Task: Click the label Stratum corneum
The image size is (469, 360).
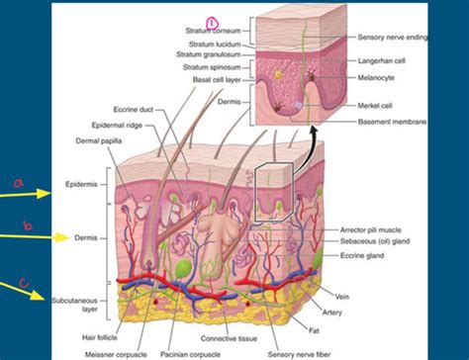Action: (213, 31)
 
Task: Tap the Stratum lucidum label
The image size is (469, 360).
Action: (215, 45)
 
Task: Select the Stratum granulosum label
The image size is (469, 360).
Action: (209, 54)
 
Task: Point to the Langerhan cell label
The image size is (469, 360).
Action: (382, 60)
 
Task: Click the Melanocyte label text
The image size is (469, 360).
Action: (376, 78)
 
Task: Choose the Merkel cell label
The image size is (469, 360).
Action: (375, 106)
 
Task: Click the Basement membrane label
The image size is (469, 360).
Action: (392, 122)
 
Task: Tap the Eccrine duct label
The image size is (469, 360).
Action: (134, 110)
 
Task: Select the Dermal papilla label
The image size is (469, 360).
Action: (99, 141)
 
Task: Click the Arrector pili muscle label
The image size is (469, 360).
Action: (371, 229)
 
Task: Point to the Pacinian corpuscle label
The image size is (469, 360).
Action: (190, 354)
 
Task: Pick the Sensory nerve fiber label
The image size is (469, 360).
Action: (299, 354)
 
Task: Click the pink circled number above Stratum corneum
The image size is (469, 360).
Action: (212, 24)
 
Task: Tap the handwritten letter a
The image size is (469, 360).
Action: (19, 183)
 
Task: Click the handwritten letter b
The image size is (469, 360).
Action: (29, 225)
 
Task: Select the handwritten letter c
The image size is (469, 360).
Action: (25, 283)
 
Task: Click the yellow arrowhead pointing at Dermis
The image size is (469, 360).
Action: (62, 237)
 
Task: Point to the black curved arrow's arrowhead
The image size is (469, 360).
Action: (314, 131)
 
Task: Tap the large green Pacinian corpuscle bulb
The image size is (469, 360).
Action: (184, 267)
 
